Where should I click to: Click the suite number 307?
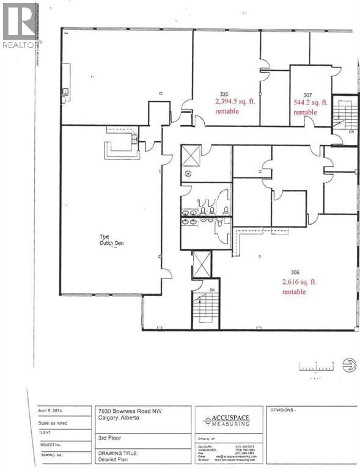(x=307, y=95)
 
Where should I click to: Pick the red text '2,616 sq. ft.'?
(x=301, y=282)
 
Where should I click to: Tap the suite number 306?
(x=296, y=273)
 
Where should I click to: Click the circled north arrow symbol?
(x=350, y=366)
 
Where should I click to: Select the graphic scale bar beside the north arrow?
(x=316, y=367)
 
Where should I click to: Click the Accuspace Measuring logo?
(x=227, y=420)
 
